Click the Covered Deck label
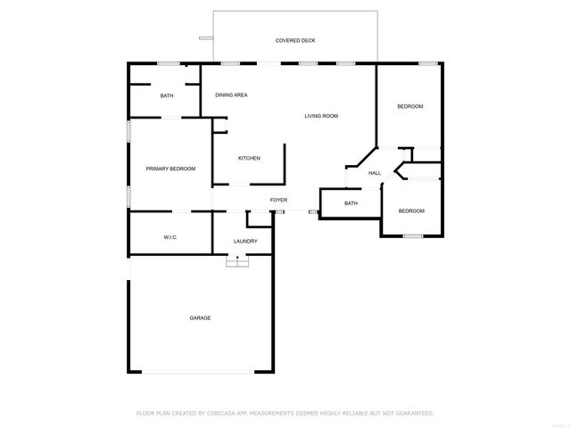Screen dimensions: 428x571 (x=294, y=40)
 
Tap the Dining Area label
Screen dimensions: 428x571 (x=231, y=95)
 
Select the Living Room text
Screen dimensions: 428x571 (x=321, y=116)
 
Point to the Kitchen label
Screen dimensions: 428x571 (x=249, y=159)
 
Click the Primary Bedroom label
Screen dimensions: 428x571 (x=170, y=169)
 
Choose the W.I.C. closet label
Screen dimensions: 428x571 (x=170, y=237)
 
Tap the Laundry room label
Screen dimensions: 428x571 (x=245, y=241)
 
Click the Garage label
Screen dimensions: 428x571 (x=200, y=317)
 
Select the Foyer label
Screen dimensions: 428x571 (x=278, y=201)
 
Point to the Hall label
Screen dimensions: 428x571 (x=375, y=173)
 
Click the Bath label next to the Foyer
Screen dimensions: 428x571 (x=351, y=203)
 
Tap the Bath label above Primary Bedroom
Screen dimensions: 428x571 (x=167, y=95)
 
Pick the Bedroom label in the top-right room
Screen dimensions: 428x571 (x=410, y=107)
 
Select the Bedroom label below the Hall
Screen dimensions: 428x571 (x=411, y=210)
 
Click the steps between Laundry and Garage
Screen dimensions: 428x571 (x=237, y=259)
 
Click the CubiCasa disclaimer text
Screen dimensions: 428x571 (x=285, y=413)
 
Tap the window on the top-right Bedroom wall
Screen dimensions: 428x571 (x=428, y=63)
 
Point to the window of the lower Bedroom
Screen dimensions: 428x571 (x=412, y=235)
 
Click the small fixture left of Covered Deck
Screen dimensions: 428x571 (x=206, y=37)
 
